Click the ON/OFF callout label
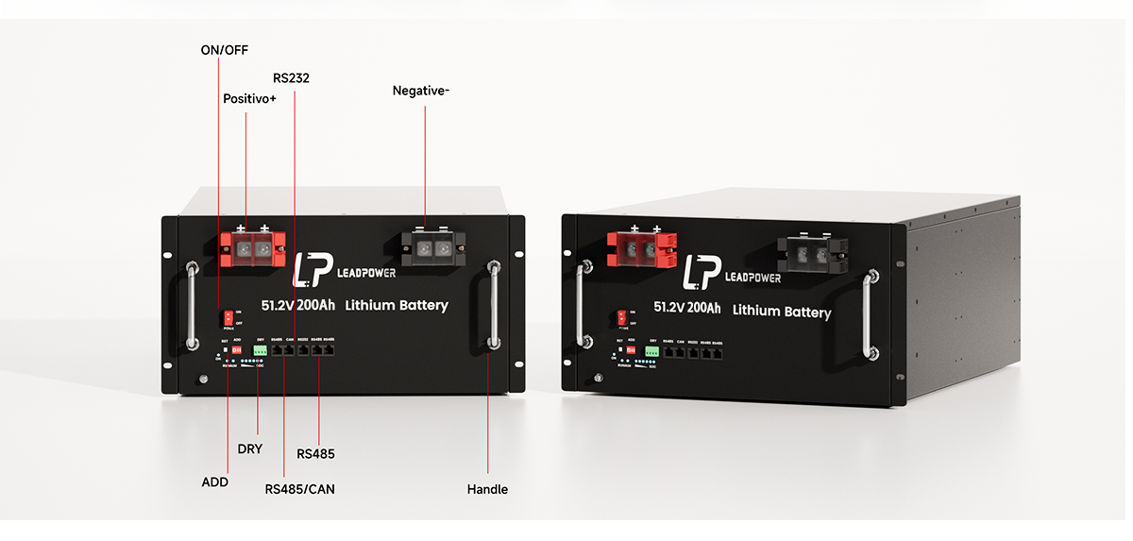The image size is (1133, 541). [224, 49]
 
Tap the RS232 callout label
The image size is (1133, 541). [291, 77]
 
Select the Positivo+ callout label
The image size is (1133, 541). [249, 98]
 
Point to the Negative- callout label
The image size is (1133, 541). [421, 91]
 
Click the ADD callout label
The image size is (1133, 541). [215, 482]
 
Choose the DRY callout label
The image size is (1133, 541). [250, 449]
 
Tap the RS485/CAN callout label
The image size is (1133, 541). [299, 489]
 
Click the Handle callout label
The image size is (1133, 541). [487, 489]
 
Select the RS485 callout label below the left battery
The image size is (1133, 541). [315, 454]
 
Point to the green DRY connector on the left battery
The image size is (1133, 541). [260, 350]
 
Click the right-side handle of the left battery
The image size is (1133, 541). [493, 306]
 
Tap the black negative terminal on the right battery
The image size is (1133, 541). [812, 252]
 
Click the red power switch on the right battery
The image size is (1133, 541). [621, 317]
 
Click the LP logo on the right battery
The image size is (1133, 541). [699, 273]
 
